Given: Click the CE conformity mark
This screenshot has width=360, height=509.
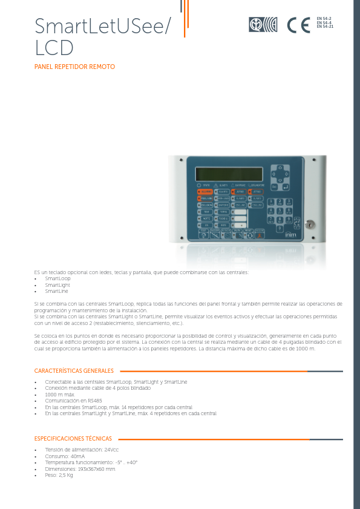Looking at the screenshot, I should (298, 25).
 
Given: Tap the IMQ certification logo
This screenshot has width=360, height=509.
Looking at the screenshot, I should (263, 25).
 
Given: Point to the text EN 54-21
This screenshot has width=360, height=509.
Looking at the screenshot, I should (325, 27).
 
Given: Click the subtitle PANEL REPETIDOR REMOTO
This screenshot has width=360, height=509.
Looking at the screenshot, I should (74, 67).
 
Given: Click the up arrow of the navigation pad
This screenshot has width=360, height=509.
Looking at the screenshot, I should (280, 167).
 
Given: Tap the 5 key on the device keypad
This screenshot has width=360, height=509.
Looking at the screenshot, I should (280, 210).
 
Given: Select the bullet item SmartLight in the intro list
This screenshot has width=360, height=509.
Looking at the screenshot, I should (57, 284).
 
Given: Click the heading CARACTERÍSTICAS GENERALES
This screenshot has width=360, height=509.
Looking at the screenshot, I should (74, 371).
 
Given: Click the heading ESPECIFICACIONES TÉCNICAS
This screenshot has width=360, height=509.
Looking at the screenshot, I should (73, 439).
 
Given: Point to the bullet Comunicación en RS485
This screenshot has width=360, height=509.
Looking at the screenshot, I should (73, 401).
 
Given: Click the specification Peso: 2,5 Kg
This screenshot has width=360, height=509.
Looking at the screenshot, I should (59, 475).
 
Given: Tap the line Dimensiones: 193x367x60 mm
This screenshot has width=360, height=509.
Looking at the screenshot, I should (80, 469).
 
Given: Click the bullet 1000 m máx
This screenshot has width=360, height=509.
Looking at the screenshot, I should (59, 395).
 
